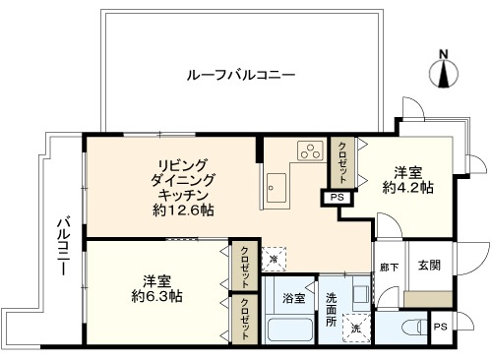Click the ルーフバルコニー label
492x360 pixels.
(x=241, y=75)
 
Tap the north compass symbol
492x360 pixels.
(x=444, y=71)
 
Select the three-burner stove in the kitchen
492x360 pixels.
(x=310, y=150)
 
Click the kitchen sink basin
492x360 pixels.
(x=277, y=188)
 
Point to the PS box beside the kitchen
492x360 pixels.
(x=337, y=198)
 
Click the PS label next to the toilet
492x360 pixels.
(x=440, y=327)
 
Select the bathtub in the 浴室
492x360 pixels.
(x=289, y=329)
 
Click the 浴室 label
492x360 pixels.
(x=294, y=298)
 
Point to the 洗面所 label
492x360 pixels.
(x=331, y=309)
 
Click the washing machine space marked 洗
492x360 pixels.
(x=356, y=329)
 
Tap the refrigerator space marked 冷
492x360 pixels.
(x=274, y=259)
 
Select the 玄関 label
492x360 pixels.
(x=429, y=265)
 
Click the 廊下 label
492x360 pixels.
(x=390, y=268)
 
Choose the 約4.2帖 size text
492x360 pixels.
(x=407, y=188)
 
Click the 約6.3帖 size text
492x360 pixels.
(x=156, y=296)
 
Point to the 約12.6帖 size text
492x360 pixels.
(x=183, y=210)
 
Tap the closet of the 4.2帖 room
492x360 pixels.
(x=342, y=163)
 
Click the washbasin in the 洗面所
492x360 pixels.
(x=361, y=294)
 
